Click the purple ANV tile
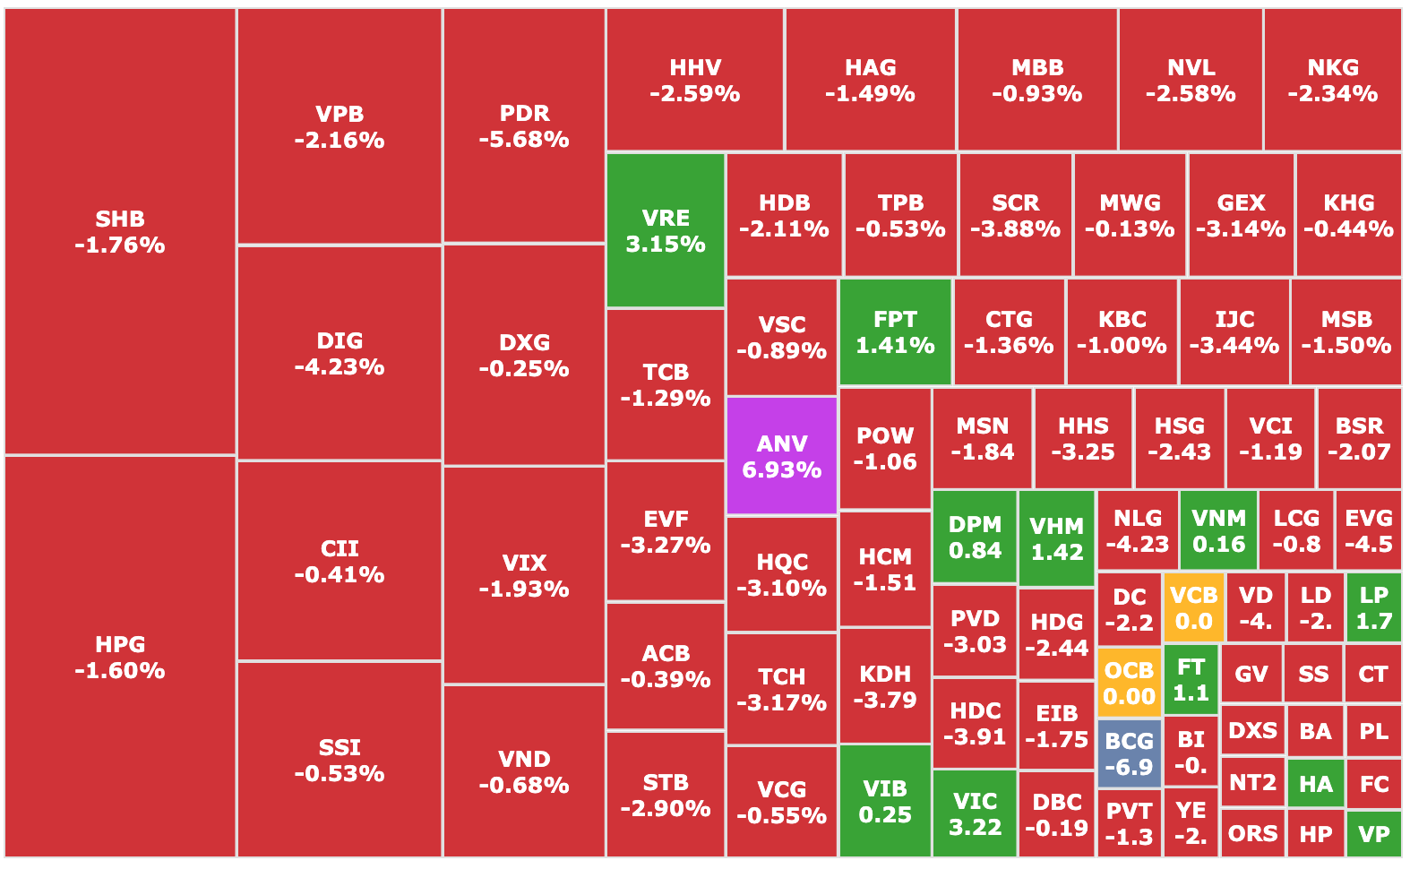coord(781,456)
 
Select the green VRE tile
coord(666,230)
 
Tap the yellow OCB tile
coord(1129,683)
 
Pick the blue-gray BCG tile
coord(1129,753)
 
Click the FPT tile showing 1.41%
coord(895,332)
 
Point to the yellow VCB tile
coord(1193,607)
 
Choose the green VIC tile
coord(975,813)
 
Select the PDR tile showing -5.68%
coord(524,125)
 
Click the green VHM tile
coord(1057,538)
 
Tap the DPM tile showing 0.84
coord(975,537)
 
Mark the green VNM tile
coord(1218,530)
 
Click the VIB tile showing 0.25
coord(885,801)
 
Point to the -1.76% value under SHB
coord(120,245)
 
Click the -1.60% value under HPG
coord(120,671)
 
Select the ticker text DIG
coord(340,340)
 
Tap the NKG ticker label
coord(1333,68)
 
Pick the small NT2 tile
coord(1252,783)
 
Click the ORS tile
coord(1252,834)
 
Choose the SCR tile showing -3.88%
coord(1015,215)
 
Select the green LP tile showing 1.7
coord(1373,607)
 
